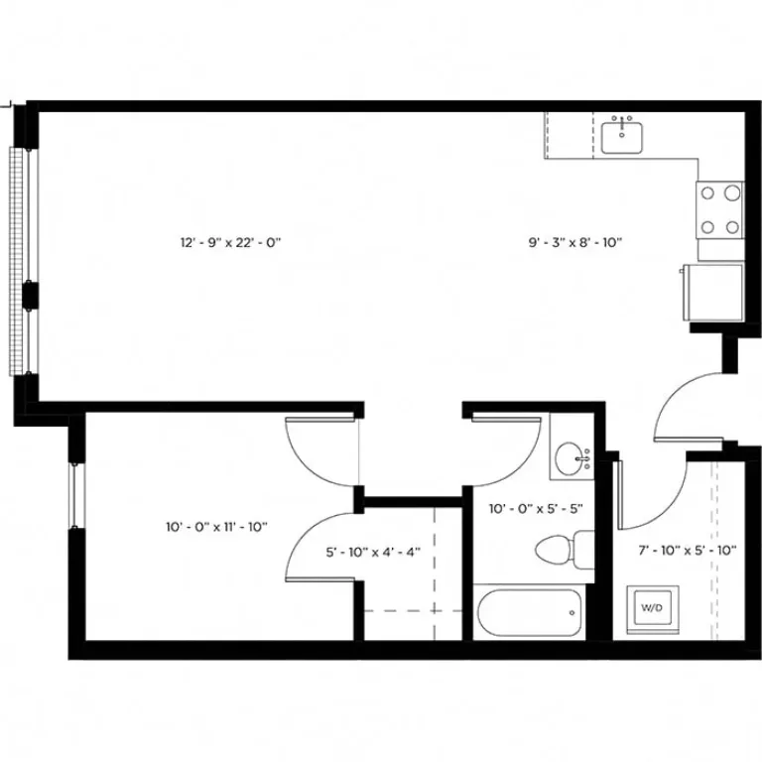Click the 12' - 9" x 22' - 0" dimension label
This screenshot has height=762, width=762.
231,242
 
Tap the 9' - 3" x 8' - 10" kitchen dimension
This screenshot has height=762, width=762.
574,242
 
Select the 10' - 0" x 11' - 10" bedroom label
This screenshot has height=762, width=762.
216,527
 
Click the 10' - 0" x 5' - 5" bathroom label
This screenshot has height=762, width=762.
536,509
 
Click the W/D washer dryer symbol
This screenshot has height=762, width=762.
650,606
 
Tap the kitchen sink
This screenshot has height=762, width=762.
622,135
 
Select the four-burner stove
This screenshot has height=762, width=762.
719,209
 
